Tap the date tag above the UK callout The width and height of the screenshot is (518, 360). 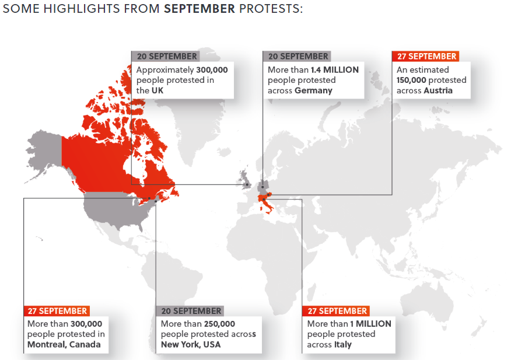166,56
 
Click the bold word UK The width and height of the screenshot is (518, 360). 159,90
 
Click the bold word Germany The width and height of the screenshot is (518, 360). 313,90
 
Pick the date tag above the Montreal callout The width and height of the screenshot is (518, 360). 56,311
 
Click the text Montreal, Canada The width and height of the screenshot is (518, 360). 64,344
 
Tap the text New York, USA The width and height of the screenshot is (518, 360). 190,344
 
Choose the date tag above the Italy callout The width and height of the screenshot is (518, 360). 336,311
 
